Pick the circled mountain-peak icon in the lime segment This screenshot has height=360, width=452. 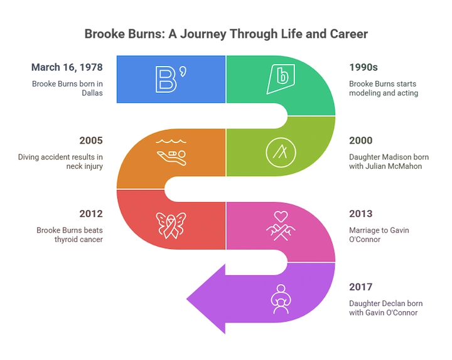(278, 151)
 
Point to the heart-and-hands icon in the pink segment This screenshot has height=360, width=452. (279, 223)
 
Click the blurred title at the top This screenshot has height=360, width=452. (225, 32)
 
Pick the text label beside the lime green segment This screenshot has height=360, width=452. (388, 152)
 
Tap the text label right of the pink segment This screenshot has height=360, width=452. (378, 224)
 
